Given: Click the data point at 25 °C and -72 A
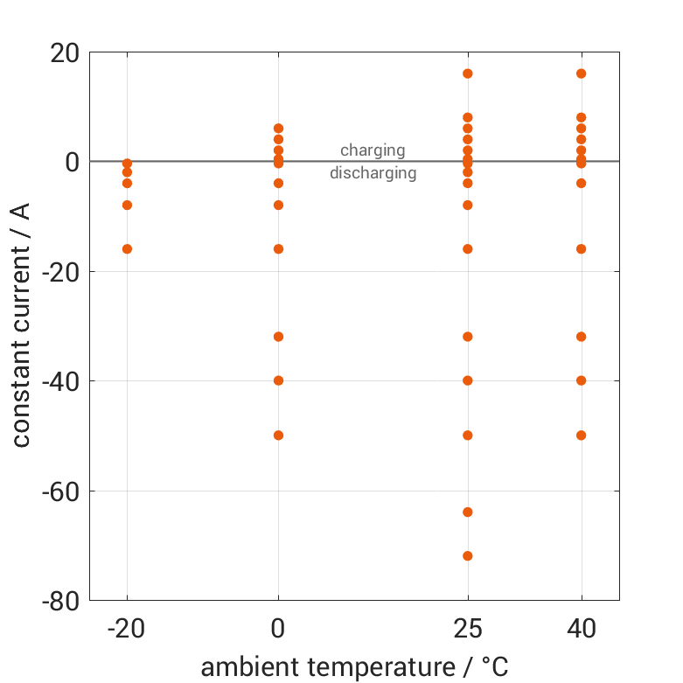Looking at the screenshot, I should click(x=468, y=556).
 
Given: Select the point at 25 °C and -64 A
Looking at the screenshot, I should click(x=468, y=512).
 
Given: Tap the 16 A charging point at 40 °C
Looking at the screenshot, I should click(x=582, y=73).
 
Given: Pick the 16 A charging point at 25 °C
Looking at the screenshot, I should click(x=468, y=73).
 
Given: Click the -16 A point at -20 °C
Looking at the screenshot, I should click(x=127, y=249).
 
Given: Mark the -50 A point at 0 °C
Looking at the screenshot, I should click(x=278, y=436).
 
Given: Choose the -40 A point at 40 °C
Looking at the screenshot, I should click(x=582, y=380).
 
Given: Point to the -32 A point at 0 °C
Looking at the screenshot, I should click(x=278, y=337).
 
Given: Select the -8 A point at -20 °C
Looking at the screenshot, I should click(x=127, y=206).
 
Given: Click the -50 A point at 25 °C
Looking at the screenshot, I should click(x=468, y=436).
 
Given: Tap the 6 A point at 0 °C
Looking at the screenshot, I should click(x=278, y=129).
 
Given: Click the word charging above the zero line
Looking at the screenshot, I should click(x=373, y=150).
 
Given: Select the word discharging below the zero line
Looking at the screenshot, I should click(x=373, y=173).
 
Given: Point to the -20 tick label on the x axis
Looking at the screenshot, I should click(x=127, y=629).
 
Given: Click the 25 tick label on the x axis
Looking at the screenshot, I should click(x=468, y=629).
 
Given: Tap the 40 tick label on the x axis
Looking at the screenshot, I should click(x=582, y=629).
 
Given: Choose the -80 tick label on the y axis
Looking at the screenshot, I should click(x=60, y=602).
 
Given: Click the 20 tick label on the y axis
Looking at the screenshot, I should click(x=66, y=52).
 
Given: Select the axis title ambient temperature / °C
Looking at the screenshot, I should click(x=355, y=667).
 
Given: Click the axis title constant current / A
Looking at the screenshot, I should click(x=21, y=325).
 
